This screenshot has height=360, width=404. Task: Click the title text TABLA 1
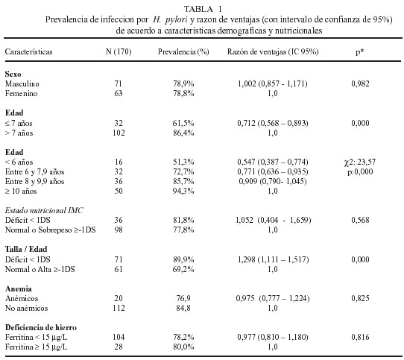(x=203, y=9)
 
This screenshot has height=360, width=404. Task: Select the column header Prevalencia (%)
(x=183, y=51)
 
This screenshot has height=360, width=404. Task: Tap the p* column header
(x=360, y=51)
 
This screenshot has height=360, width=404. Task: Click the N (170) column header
(x=119, y=51)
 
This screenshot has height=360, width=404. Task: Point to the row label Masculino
(x=22, y=83)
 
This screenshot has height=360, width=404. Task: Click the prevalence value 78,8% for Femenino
(x=183, y=93)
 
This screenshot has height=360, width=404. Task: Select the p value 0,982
(x=360, y=83)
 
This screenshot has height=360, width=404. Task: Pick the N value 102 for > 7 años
(x=119, y=133)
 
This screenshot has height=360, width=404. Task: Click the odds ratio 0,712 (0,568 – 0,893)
(x=273, y=123)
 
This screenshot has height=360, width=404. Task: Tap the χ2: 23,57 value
(x=360, y=162)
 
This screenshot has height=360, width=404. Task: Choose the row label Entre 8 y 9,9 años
(x=34, y=181)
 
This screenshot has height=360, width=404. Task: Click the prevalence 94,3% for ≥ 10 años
(x=183, y=192)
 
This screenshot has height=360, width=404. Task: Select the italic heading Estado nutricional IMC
(x=44, y=210)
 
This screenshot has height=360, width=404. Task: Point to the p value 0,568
(x=360, y=220)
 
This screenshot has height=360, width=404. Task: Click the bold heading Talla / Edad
(x=26, y=249)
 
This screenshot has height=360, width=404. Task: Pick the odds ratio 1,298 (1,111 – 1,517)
(x=273, y=259)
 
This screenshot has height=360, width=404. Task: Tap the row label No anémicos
(x=26, y=309)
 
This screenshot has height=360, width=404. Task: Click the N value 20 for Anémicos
(x=119, y=298)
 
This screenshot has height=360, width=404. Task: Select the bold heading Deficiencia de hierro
(x=41, y=327)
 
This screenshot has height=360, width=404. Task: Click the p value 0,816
(x=360, y=337)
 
